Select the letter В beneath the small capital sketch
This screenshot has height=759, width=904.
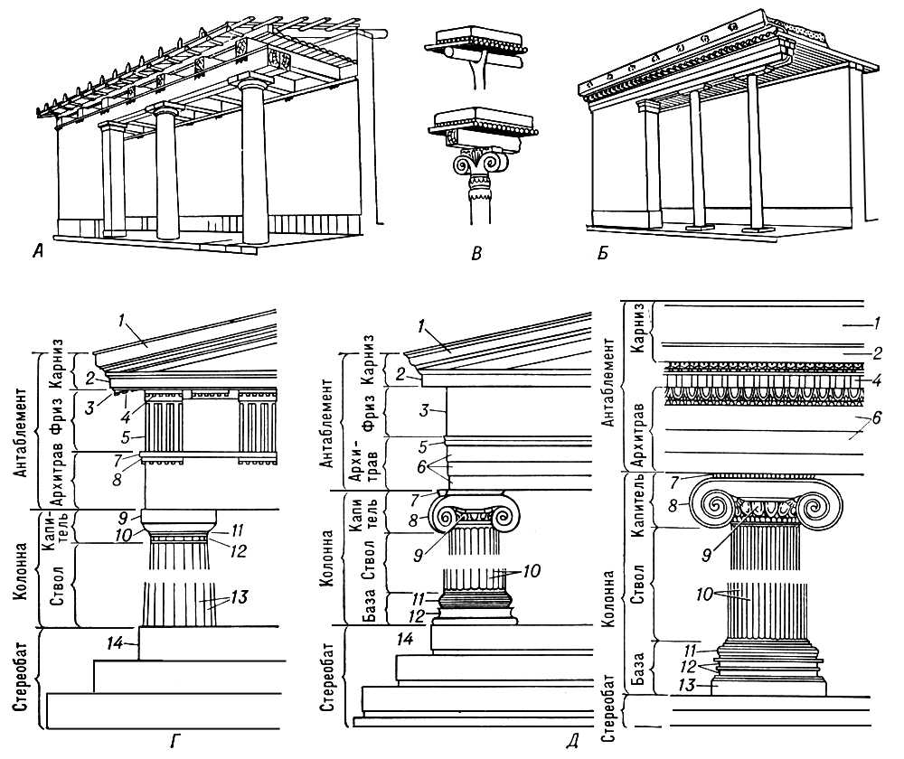coord(476,252)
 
